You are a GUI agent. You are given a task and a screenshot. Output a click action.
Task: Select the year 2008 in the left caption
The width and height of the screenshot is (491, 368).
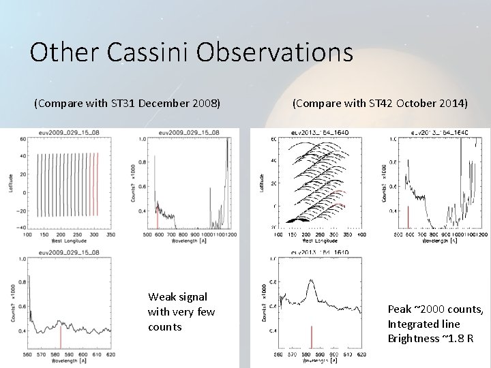pyautogui.click(x=203, y=104)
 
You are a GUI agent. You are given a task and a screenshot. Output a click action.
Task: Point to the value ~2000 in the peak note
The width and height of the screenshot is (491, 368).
pyautogui.click(x=426, y=309)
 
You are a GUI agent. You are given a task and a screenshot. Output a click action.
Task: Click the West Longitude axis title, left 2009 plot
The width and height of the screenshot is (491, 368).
pyautogui.click(x=63, y=242)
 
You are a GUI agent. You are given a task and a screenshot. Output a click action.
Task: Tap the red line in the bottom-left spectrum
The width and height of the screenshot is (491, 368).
pyautogui.click(x=61, y=337)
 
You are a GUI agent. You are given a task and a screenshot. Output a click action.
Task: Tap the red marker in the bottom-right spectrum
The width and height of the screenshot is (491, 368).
pyautogui.click(x=311, y=337)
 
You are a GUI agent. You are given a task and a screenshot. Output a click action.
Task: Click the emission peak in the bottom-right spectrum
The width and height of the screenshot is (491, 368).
pyautogui.click(x=312, y=280)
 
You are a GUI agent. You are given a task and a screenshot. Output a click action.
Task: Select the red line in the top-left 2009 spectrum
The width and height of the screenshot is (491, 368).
pyautogui.click(x=157, y=220)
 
